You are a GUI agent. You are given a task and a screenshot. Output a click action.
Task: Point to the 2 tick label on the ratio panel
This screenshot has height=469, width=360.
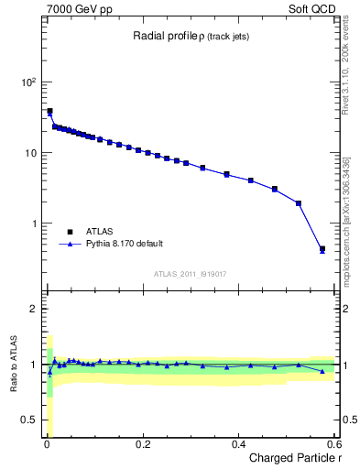(x=34, y=309)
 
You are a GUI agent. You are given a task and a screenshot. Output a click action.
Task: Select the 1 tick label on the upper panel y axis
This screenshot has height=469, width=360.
(x=34, y=224)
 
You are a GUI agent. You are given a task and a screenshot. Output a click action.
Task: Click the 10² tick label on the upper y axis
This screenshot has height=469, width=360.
(x=29, y=82)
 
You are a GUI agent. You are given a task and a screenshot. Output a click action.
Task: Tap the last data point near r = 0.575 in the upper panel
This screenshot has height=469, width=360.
(x=322, y=248)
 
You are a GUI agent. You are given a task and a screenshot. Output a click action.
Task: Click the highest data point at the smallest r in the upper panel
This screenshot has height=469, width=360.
(x=49, y=111)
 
